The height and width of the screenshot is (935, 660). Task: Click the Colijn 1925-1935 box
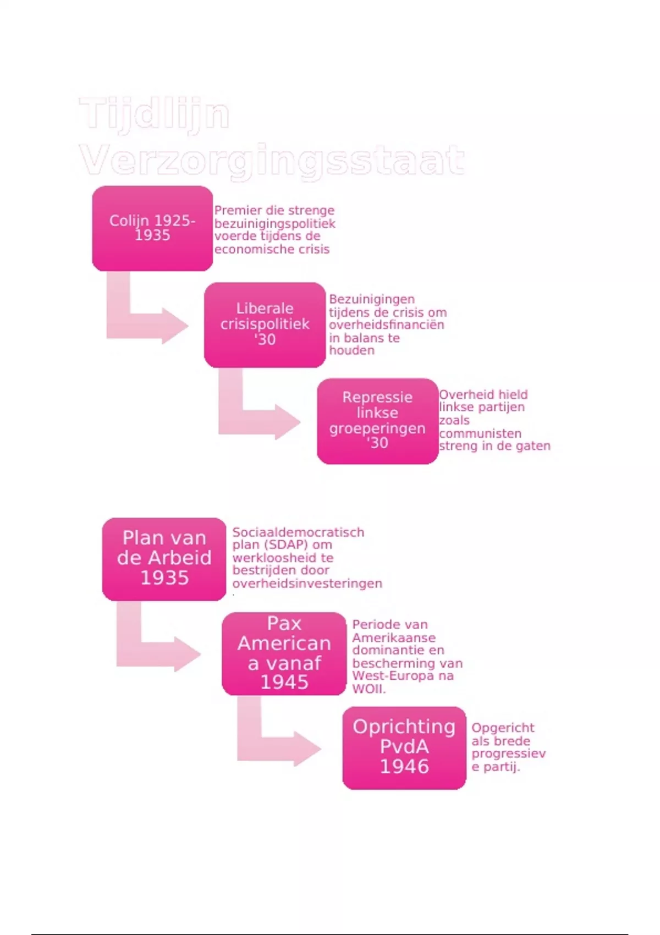[x=152, y=228]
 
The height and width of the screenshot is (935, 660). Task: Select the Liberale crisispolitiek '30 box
[x=265, y=324]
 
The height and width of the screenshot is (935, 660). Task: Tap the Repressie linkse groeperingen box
[x=377, y=421]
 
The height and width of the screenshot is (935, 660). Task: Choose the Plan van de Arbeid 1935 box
[x=164, y=558]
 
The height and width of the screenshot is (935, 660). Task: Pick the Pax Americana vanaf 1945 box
[x=284, y=653]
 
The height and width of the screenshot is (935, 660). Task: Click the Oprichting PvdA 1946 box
[x=404, y=747]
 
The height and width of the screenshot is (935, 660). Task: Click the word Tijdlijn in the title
[x=154, y=114]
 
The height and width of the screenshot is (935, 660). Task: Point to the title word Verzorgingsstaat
[x=272, y=160]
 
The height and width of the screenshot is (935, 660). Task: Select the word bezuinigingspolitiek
[x=274, y=223]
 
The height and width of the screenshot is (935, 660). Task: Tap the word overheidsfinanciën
[x=386, y=325]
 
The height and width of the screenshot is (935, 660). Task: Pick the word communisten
[x=480, y=433]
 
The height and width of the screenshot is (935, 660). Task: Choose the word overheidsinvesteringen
[x=307, y=584]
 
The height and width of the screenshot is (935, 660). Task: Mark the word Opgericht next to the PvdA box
[x=503, y=728]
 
